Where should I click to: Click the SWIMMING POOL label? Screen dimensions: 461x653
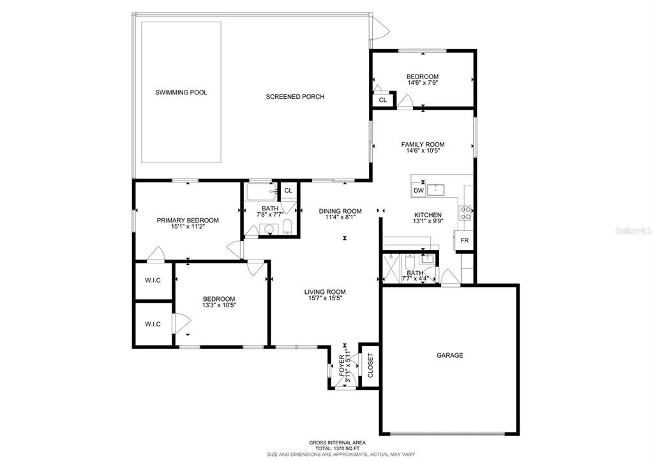point(181,92)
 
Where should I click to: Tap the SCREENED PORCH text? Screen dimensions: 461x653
point(295,97)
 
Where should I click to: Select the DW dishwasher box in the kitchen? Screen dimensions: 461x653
point(419,190)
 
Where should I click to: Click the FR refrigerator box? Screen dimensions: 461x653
point(464,241)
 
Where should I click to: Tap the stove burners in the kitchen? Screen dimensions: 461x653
point(466,212)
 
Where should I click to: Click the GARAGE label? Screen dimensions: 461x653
point(449,355)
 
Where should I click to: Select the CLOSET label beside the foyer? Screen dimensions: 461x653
point(370,365)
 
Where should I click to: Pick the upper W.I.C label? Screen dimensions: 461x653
point(153,280)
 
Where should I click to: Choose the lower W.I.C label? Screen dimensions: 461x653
point(153,324)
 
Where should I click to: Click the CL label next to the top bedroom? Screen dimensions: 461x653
point(383,100)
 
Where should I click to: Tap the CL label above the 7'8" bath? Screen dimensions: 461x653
point(288,190)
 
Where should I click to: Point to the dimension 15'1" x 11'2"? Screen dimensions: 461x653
point(188,227)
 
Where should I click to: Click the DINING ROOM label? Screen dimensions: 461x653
point(340,211)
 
